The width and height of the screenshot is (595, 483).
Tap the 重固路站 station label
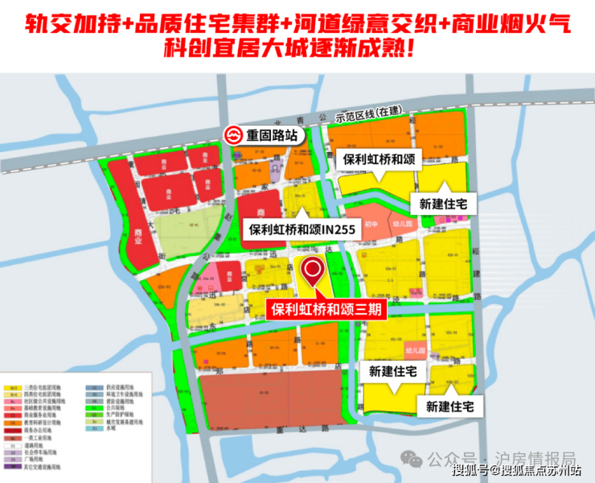click(273, 136)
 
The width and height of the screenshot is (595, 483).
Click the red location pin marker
click(312, 274)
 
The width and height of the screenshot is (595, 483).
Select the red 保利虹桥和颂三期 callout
click(326, 308)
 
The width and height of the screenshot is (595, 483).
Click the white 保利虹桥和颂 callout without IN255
click(378, 160)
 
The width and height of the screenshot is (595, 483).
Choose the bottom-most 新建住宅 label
click(455, 407)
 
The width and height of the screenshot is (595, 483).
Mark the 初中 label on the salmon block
click(371, 225)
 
